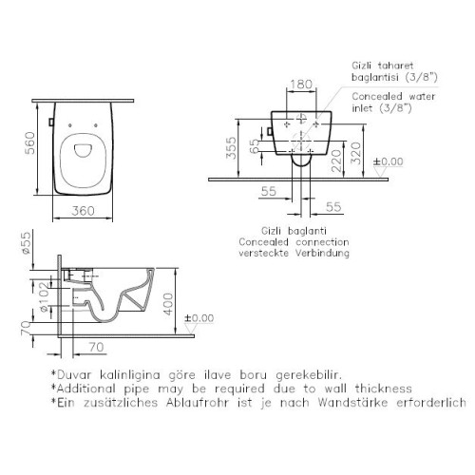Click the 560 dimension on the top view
(30, 143)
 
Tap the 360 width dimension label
(83, 211)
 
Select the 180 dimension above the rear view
(301, 85)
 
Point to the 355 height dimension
(232, 148)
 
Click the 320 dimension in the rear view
(356, 153)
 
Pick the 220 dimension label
(337, 161)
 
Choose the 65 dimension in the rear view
(255, 146)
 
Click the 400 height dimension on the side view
(168, 304)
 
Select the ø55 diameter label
(26, 243)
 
